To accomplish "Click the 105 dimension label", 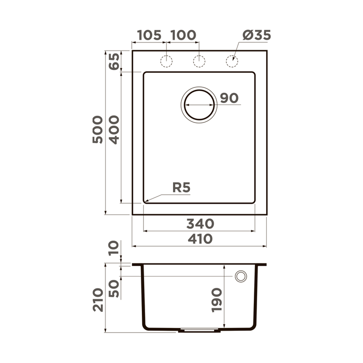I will pos(149,35).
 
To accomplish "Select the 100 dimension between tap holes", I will pos(182,35).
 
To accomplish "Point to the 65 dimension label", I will pos(114,61).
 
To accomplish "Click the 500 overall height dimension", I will pos(97,130).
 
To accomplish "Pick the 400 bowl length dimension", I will pos(114,130).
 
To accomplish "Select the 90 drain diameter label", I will pos(229,98).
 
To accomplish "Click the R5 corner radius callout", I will pos(181,188).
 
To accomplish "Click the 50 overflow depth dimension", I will pos(114,288).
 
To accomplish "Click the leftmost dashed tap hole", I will pos(166,61).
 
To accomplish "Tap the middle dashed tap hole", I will pos(199,61).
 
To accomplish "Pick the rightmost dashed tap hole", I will pos(232,61).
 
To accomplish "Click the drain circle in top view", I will pos(199,104).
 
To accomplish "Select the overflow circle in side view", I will pos(241,277).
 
